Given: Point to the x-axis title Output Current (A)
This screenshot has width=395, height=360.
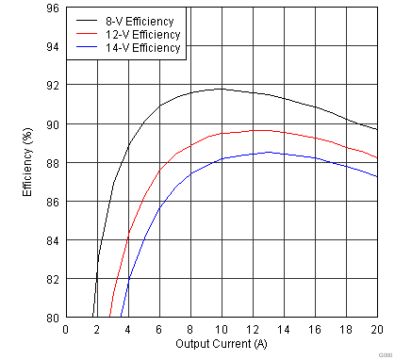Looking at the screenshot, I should coord(222,343).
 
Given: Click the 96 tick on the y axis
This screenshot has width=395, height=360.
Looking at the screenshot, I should coord(53,8).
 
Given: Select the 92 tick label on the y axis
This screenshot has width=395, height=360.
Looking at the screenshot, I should coord(53,86).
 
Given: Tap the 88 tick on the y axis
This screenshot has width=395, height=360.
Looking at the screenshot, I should coord(53,163).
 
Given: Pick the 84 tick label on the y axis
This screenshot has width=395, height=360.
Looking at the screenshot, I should coord(53,240).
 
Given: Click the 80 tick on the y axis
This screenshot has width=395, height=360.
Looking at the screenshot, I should coord(53,318).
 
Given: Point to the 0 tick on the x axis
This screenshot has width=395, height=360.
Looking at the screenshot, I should coord(66,328).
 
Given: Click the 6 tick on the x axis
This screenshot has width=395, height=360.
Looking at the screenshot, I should coord(159,328).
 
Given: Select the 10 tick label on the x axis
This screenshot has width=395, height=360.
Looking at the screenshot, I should coord(222,328).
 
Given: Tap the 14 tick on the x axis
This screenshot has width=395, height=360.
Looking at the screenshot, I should coord(284,328).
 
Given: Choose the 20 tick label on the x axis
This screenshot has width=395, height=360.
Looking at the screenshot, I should coord(376,328).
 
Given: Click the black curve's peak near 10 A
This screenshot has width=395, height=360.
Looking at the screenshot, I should coord(222,89).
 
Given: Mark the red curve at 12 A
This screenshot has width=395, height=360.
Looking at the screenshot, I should coord(253,130).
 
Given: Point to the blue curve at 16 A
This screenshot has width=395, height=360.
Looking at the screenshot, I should coord(315,158).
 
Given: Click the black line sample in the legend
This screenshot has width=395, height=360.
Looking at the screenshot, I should coord(87,18).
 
